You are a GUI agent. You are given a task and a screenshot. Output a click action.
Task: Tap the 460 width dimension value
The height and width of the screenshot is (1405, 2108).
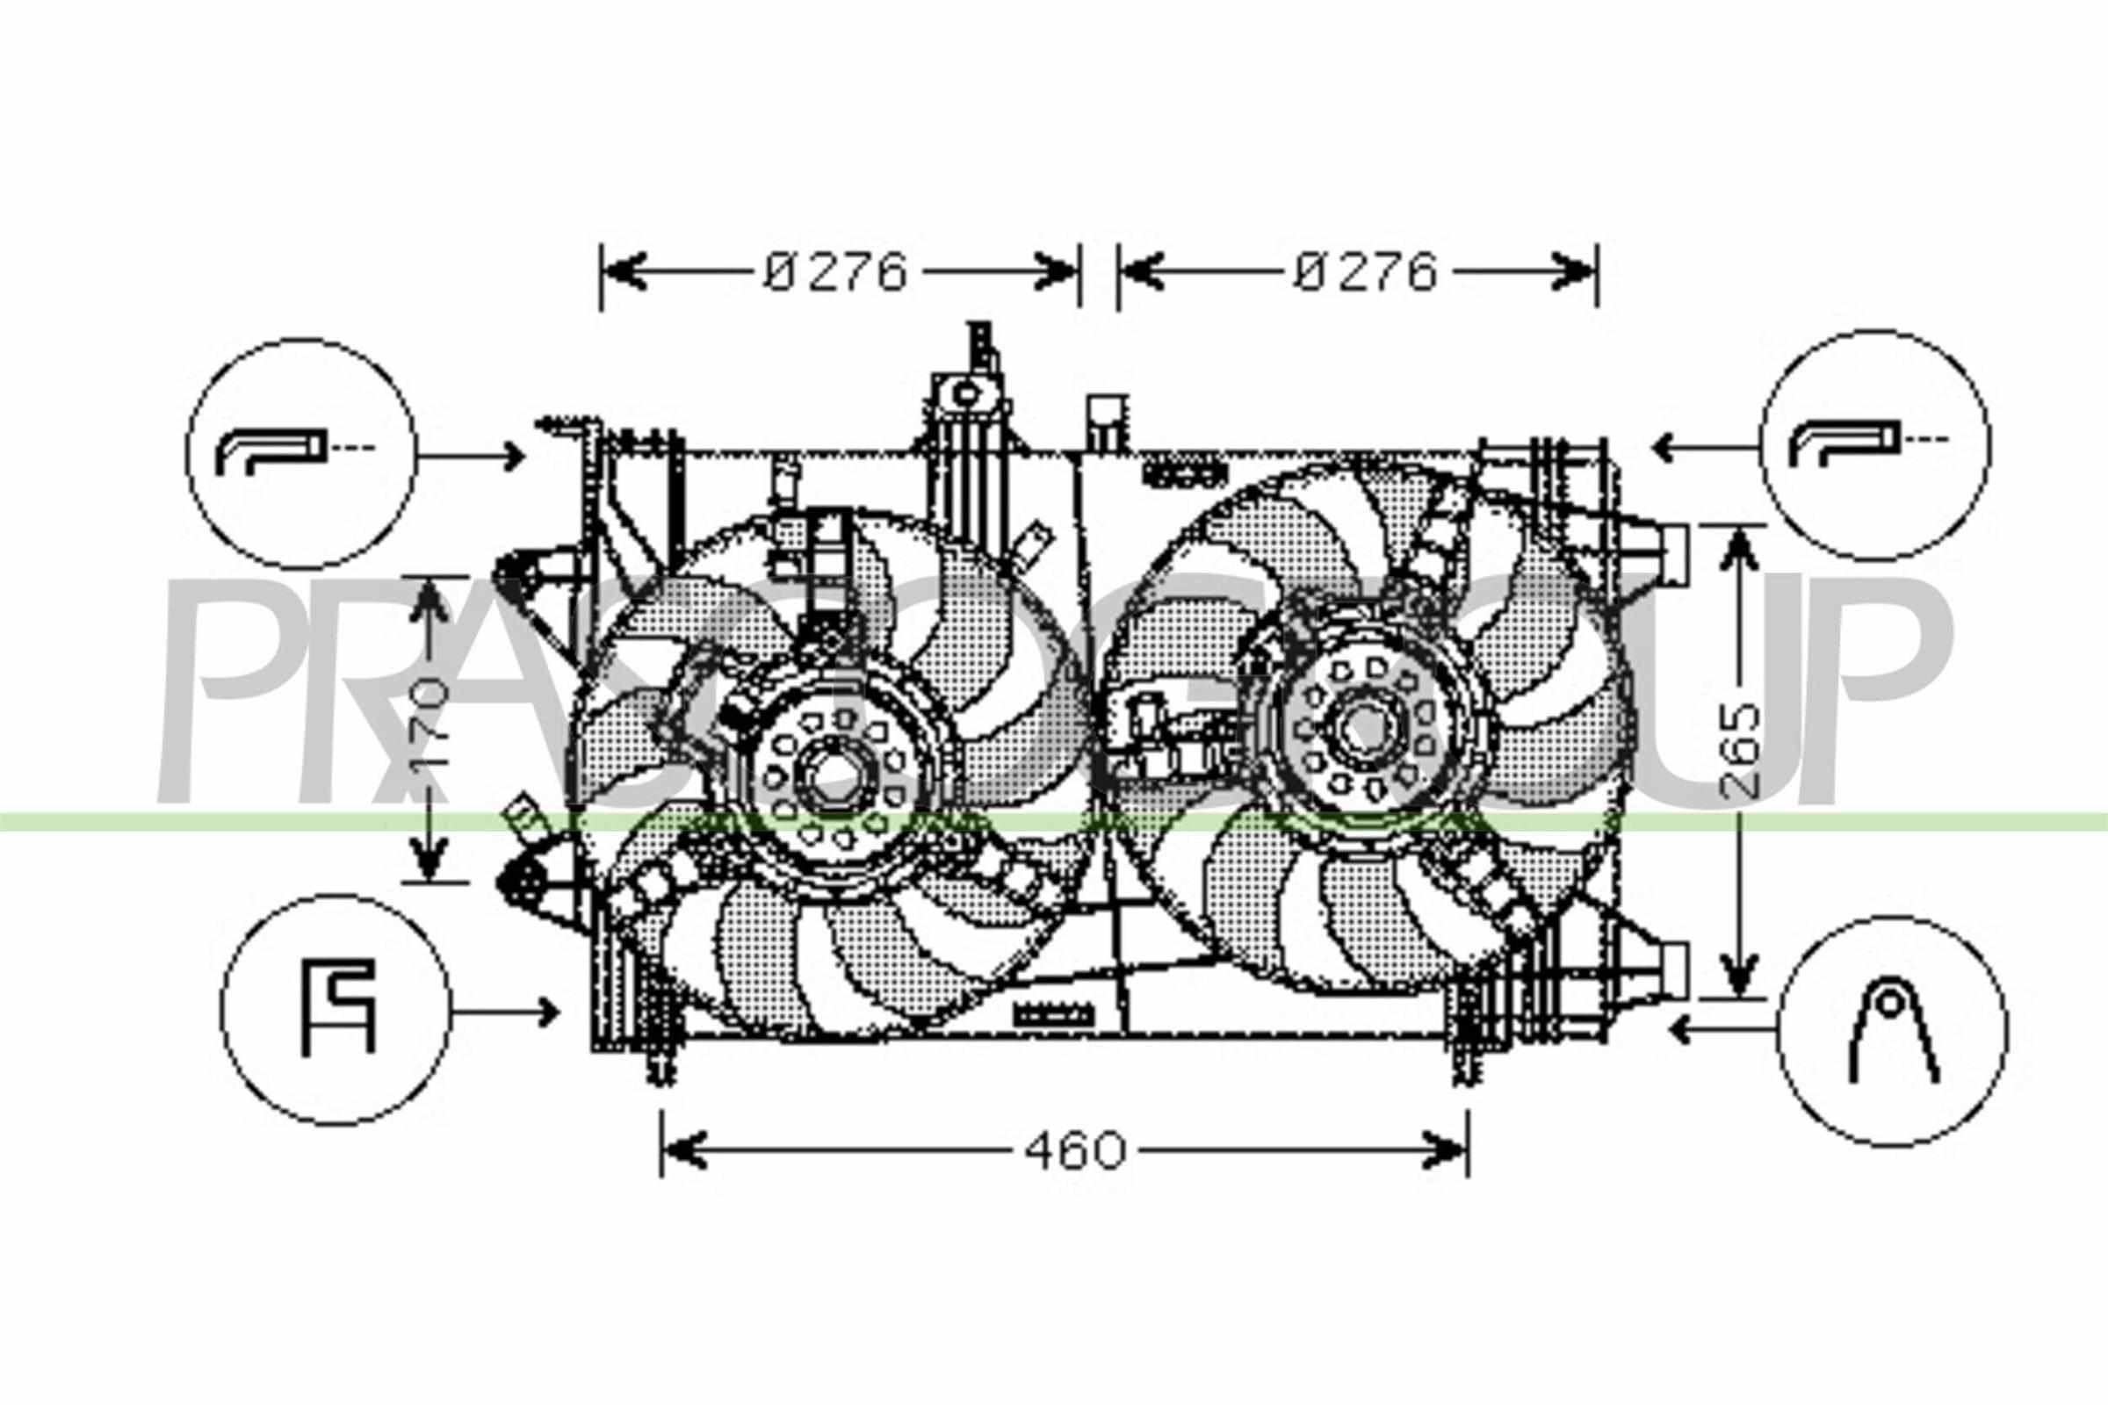[x=1074, y=1151]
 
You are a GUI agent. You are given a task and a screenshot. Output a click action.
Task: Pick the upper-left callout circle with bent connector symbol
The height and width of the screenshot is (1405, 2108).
[x=301, y=453]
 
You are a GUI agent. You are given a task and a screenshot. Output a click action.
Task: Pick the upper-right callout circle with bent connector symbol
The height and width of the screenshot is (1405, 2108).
[x=1875, y=445]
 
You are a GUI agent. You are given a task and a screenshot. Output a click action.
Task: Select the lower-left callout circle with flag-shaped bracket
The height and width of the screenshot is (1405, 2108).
[x=336, y=1009]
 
